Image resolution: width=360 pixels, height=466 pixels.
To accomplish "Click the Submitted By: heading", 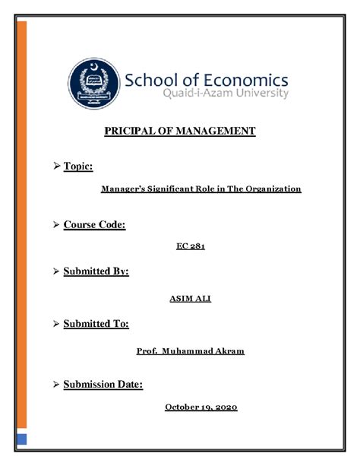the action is (x=96, y=271).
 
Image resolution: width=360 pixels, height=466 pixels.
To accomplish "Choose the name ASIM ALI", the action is (x=190, y=298).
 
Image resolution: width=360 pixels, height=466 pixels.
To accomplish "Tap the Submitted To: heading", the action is (x=96, y=324).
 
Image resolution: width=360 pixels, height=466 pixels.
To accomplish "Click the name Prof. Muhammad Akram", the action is (x=191, y=352).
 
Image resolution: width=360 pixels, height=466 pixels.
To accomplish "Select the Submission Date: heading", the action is (x=103, y=385).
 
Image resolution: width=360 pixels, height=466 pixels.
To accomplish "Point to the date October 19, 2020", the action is (x=201, y=407).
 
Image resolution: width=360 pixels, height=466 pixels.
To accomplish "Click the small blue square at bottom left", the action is (x=23, y=439).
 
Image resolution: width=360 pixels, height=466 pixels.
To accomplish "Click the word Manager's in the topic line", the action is (x=125, y=189).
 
